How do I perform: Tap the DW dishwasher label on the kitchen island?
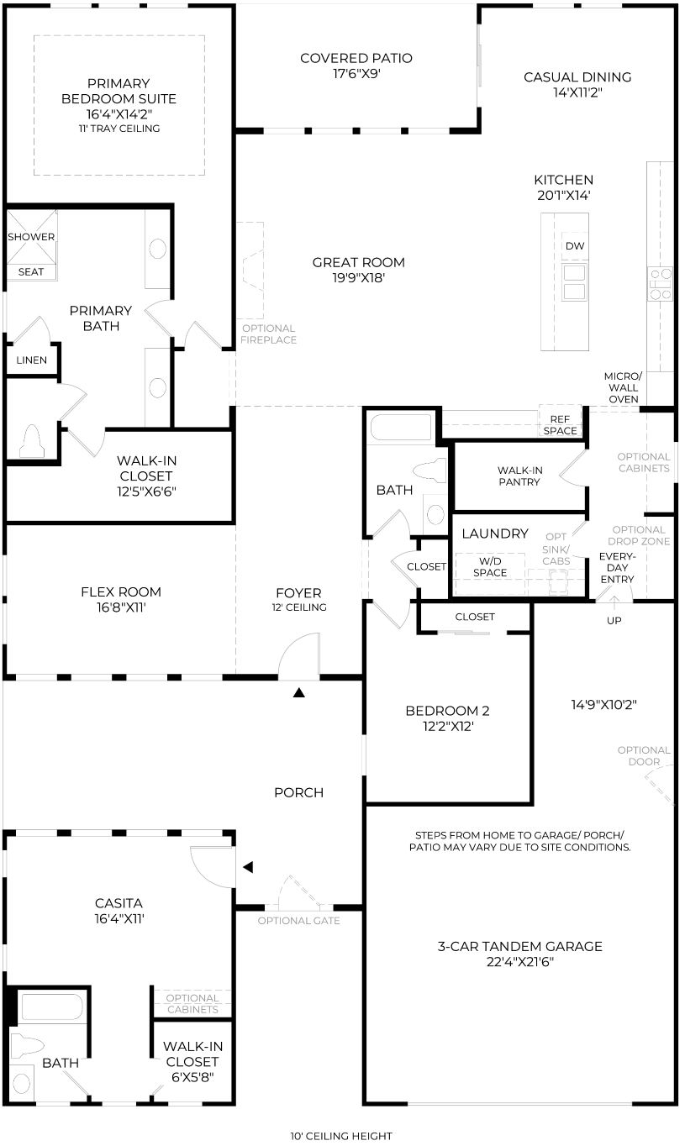574,246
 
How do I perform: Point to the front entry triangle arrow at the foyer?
299,692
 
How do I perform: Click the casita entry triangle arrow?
248,877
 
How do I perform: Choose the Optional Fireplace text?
268,334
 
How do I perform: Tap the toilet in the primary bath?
32,440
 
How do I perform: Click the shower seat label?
31,271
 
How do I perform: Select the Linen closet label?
31,360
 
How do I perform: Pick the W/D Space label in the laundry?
490,567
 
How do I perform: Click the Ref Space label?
560,425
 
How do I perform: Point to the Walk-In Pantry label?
519,476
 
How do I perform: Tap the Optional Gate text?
299,921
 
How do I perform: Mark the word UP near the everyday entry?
614,621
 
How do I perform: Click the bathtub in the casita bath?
52,1007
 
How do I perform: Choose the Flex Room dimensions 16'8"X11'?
121,607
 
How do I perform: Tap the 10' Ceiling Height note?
341,1136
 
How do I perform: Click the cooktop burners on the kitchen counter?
661,284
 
